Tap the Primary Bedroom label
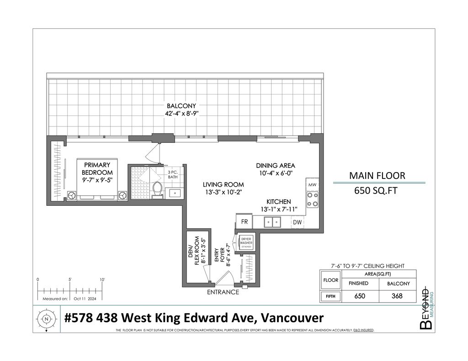[97, 169]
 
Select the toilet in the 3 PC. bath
[158, 189]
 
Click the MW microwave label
[312, 185]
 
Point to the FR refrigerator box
[245, 222]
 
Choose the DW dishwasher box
[297, 222]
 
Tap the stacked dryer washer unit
[246, 242]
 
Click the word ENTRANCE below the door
[223, 292]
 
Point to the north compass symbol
[46, 319]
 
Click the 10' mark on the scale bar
[102, 279]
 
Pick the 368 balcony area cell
[397, 296]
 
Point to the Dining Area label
[275, 166]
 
